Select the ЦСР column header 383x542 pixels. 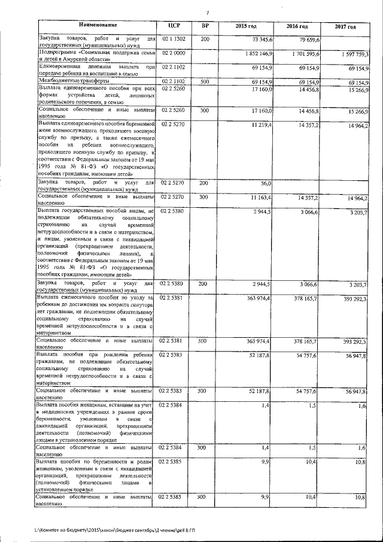click(x=175, y=26)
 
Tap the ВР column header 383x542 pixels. click(x=205, y=26)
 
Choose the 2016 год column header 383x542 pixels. click(x=297, y=27)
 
